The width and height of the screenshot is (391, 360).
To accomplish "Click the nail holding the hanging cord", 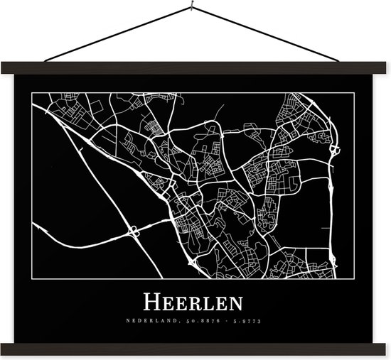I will (193, 9).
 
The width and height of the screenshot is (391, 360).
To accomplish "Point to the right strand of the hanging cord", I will (270, 36).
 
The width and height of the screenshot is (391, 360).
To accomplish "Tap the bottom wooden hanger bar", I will (195, 347).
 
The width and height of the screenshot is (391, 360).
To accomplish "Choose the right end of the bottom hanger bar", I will (387, 347).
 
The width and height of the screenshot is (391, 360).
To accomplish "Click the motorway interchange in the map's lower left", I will (133, 231).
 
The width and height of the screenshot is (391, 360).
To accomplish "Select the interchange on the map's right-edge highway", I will (334, 150).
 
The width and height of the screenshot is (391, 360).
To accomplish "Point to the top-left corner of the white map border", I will (31, 93).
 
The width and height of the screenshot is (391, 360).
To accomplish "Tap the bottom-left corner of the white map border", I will (31, 279).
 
